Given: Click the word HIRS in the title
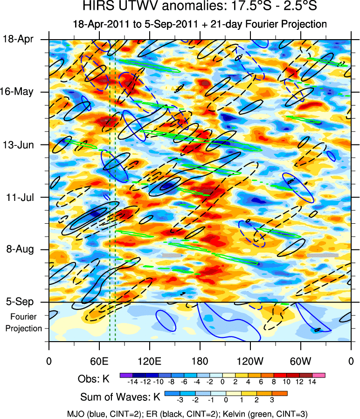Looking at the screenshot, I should pyautogui.click(x=96, y=7).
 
